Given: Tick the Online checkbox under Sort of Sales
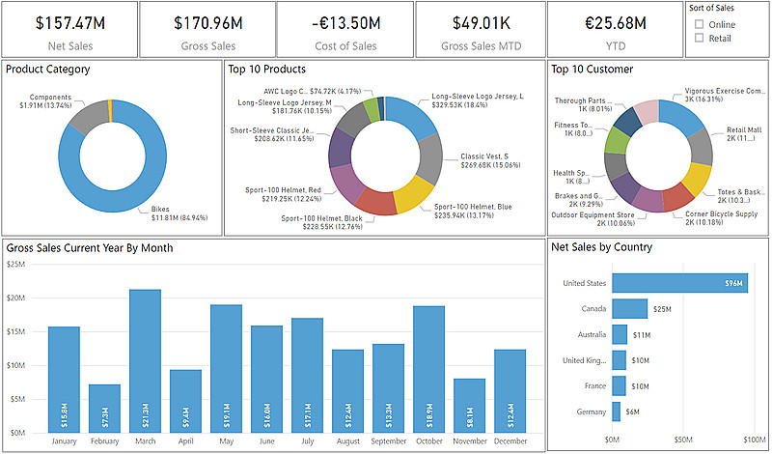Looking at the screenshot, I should tap(699, 24).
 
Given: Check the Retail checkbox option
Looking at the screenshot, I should tap(699, 39).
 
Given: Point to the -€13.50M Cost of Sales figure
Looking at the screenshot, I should tap(345, 21).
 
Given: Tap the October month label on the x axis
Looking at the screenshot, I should tap(428, 442).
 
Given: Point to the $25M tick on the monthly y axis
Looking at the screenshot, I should tap(15, 264).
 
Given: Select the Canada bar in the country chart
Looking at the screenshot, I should tap(630, 308).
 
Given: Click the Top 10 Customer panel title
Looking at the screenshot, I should tap(592, 70).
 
